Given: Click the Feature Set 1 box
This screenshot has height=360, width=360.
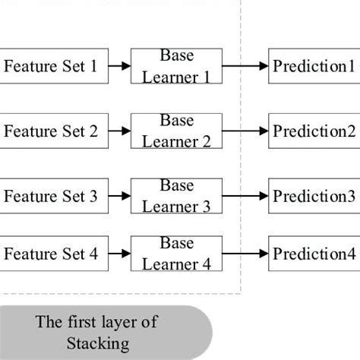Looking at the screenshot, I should tap(52, 67).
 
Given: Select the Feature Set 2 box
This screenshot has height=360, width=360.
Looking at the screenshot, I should tap(52, 131).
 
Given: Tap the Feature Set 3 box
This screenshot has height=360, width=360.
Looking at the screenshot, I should tap(52, 197).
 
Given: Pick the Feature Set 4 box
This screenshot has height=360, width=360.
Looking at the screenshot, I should tap(52, 254).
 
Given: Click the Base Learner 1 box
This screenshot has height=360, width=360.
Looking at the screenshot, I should tap(177, 66).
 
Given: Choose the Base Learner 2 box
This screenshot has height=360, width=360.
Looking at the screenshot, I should tap(177, 131).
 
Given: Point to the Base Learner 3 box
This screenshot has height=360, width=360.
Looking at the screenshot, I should tap(177, 197).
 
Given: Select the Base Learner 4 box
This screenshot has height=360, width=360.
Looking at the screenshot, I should tap(177, 254).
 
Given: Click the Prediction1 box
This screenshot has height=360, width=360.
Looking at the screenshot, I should tap(313, 67).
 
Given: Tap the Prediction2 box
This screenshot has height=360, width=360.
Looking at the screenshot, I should tap(313, 131).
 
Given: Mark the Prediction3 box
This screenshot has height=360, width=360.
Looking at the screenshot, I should tap(313, 197).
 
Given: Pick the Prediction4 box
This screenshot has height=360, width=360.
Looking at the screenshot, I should tap(313, 254).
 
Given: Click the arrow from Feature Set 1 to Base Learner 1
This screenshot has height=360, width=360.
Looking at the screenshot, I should tap(118, 67).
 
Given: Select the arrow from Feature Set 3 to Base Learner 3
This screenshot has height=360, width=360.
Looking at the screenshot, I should tap(118, 197).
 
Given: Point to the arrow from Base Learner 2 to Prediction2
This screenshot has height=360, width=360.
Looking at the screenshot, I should tap(245, 131).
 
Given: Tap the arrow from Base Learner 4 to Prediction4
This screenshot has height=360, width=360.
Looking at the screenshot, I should tap(245, 254).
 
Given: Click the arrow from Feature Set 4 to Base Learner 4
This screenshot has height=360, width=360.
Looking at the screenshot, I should tap(118, 254).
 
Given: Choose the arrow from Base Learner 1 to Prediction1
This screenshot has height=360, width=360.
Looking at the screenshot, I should tap(245, 67).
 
